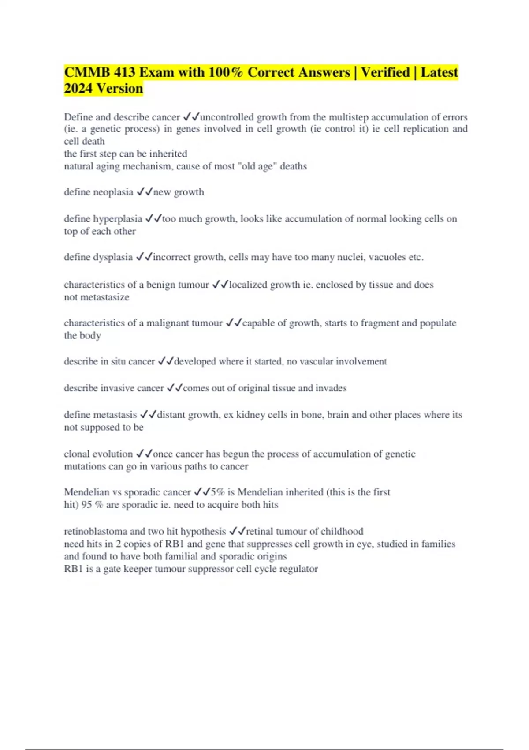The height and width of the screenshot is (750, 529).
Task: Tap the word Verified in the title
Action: tap(385, 72)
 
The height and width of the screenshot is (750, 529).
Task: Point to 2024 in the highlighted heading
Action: tap(78, 88)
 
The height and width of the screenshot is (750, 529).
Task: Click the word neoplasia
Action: tap(112, 192)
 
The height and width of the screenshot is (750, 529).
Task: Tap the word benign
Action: tap(160, 285)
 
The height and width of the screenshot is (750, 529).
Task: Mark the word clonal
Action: tap(76, 454)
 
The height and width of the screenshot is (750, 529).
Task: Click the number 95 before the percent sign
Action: tap(86, 505)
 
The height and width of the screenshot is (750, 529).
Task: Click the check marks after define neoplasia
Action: tap(145, 192)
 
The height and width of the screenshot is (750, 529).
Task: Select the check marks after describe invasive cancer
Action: tap(175, 388)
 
